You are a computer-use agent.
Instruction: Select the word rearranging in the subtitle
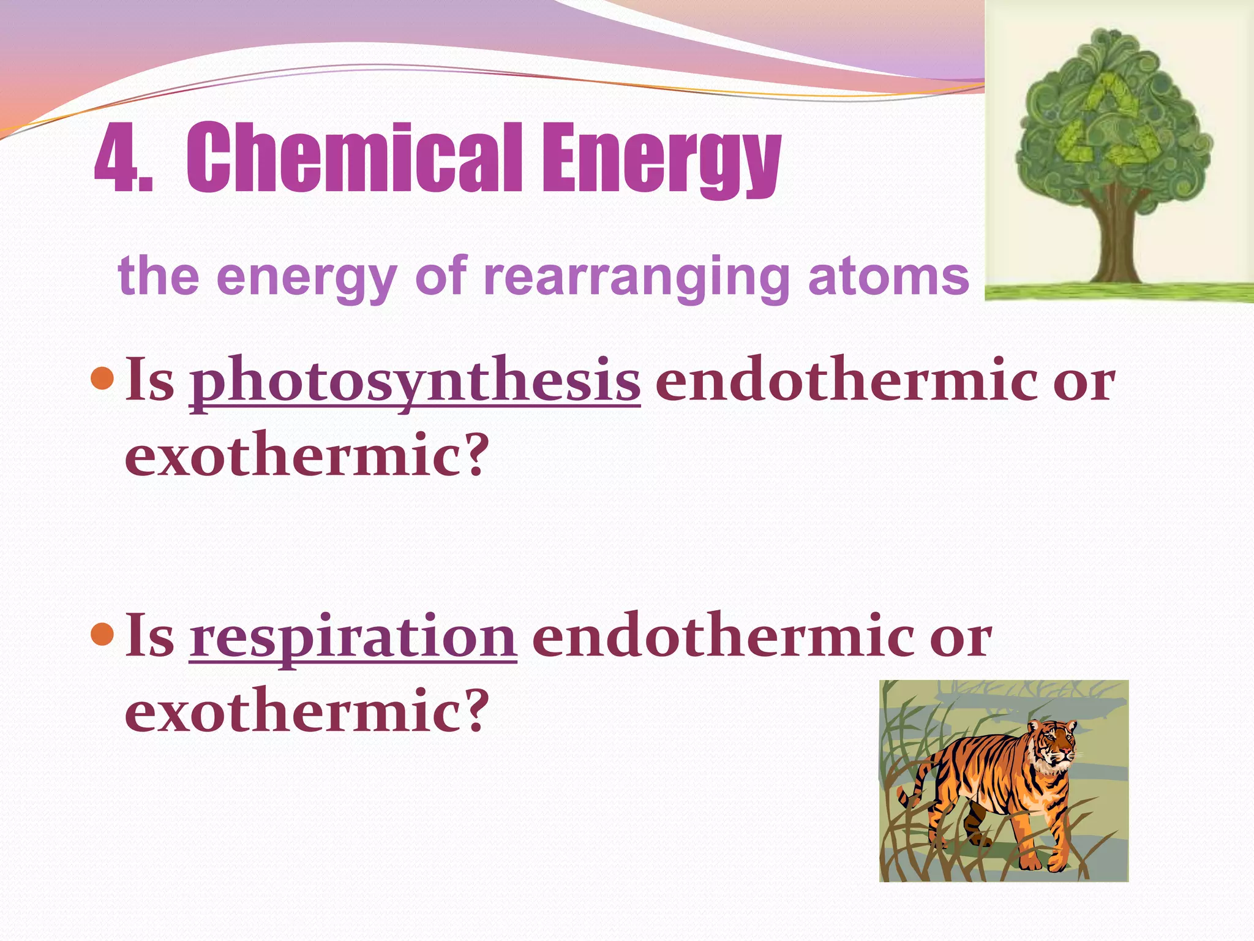click(x=637, y=278)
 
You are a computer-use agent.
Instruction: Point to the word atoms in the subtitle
click(x=888, y=278)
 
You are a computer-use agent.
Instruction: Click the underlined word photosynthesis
click(x=415, y=381)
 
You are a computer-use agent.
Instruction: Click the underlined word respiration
click(x=353, y=638)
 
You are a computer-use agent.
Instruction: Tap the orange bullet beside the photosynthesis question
click(x=102, y=379)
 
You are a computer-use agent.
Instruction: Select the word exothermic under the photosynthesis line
click(x=294, y=456)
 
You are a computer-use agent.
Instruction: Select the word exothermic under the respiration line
click(x=294, y=712)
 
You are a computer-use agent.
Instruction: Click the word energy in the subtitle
click(x=306, y=278)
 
